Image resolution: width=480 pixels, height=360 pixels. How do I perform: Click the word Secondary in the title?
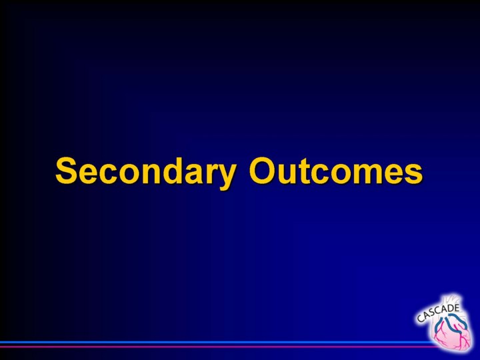pos(145,173)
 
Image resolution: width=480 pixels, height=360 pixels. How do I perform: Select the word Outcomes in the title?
pos(336,171)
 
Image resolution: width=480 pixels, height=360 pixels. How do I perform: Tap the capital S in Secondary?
pos(66,171)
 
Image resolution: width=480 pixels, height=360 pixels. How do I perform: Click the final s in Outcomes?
pos(414,173)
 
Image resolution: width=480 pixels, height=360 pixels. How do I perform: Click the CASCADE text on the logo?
pos(438,313)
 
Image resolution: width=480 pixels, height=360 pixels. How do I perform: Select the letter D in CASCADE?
pos(449,309)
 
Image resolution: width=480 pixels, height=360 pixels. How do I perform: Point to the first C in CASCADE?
pos(420,319)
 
